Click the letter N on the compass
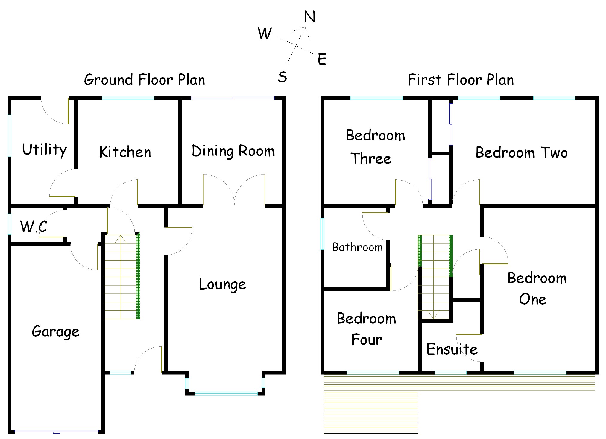tap(310, 17)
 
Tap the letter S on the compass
tap(282, 77)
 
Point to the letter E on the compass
tap(322, 59)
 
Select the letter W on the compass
tap(265, 33)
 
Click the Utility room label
tap(44, 149)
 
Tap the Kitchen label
tap(125, 152)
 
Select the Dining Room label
tap(233, 151)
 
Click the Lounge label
tap(222, 284)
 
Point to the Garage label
tap(56, 331)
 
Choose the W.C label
tap(34, 226)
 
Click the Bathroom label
tap(357, 247)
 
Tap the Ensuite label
tap(452, 349)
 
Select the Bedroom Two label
tap(522, 152)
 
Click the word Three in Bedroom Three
tap(371, 158)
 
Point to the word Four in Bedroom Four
tap(367, 340)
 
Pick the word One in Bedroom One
tap(533, 299)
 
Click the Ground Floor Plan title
tap(145, 80)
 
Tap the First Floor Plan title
tap(461, 80)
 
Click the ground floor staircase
tap(121, 277)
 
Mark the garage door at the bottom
tap(57, 432)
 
